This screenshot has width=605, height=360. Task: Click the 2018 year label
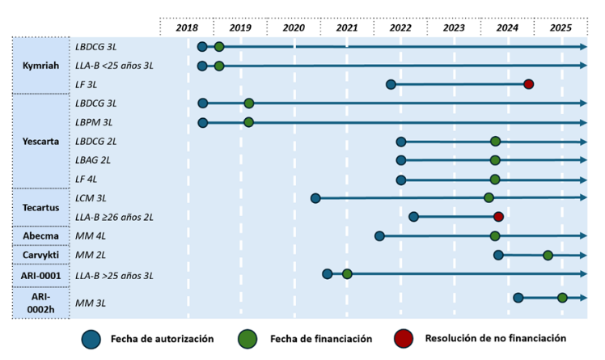[187, 28]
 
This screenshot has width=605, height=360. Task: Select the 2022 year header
[400, 28]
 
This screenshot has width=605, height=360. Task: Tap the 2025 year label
[561, 28]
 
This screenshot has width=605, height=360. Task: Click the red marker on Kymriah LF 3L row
[528, 84]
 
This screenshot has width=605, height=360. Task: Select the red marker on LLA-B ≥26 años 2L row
[498, 217]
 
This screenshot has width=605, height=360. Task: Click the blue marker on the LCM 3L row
[315, 198]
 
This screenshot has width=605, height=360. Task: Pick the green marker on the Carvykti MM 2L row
[548, 256]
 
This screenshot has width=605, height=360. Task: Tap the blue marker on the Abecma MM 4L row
[379, 236]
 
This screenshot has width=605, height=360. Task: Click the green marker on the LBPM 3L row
[248, 122]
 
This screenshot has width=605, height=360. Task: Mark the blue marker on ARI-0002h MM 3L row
[518, 298]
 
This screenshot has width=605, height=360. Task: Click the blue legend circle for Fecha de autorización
[91, 339]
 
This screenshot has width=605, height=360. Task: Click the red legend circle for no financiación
[405, 339]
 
